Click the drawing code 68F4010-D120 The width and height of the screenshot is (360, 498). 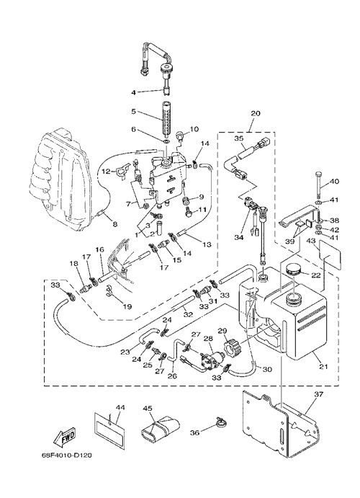[67, 455]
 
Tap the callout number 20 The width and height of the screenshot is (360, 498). [256, 113]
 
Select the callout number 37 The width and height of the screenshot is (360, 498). [318, 394]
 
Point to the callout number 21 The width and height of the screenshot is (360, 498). [323, 367]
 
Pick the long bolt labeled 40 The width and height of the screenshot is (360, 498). [319, 184]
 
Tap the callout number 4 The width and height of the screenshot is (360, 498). [134, 92]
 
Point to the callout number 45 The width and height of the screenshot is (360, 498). [147, 408]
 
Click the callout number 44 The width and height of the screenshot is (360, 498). [120, 407]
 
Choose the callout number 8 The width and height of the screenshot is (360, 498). [114, 224]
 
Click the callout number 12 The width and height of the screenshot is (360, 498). [106, 172]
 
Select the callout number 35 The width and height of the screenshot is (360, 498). [239, 138]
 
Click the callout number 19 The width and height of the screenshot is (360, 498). [127, 307]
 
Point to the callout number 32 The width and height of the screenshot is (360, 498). [188, 314]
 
